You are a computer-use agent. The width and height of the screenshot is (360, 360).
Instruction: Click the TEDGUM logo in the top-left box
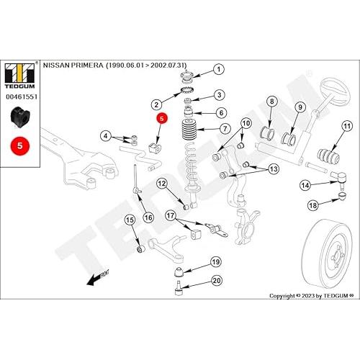point(20,76)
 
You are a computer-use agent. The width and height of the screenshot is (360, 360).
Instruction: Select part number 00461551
point(22,96)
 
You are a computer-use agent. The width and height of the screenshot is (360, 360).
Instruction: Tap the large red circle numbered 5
point(20,145)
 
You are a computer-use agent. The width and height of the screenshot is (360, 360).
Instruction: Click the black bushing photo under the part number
point(20,117)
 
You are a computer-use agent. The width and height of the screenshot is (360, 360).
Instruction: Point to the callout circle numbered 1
point(219,70)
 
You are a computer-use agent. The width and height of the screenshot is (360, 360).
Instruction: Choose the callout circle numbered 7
point(225,128)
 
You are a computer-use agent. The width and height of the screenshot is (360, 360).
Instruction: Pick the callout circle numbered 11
point(347,126)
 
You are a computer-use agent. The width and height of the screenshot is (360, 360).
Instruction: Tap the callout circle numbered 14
point(305,185)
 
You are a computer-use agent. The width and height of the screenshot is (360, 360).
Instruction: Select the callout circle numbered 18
point(313,205)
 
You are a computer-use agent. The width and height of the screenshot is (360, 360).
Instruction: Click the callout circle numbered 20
point(217,281)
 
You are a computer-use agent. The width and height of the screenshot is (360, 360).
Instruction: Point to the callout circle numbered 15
point(130,220)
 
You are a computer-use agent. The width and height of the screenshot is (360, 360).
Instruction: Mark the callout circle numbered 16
point(148,217)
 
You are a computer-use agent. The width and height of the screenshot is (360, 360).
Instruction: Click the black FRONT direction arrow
point(97,279)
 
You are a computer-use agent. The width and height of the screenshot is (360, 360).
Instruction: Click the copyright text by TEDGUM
point(312,296)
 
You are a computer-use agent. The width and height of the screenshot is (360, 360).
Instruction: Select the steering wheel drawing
point(336,91)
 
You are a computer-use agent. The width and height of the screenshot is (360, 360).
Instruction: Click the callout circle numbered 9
point(300,107)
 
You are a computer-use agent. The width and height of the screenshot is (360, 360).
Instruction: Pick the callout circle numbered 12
point(162,184)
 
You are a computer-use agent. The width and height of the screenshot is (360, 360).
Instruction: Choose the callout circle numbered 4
point(106,136)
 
